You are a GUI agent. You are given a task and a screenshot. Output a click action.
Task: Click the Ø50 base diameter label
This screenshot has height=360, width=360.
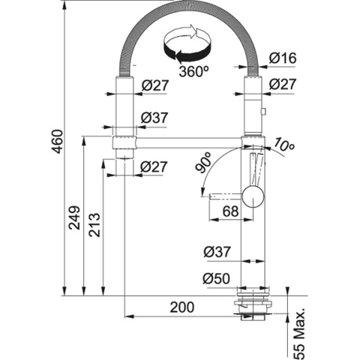(x=216, y=278)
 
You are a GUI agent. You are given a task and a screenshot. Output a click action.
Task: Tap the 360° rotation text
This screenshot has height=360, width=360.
(x=193, y=73)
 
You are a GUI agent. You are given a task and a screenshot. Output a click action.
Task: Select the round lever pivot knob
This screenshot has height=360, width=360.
(x=255, y=196)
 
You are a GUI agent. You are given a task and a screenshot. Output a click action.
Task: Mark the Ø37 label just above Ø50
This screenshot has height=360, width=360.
(x=216, y=253)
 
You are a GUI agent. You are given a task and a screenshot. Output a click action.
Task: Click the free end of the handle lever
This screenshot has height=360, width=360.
(x=205, y=196)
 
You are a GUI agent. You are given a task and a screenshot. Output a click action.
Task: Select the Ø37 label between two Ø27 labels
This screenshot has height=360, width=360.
(x=154, y=118)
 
